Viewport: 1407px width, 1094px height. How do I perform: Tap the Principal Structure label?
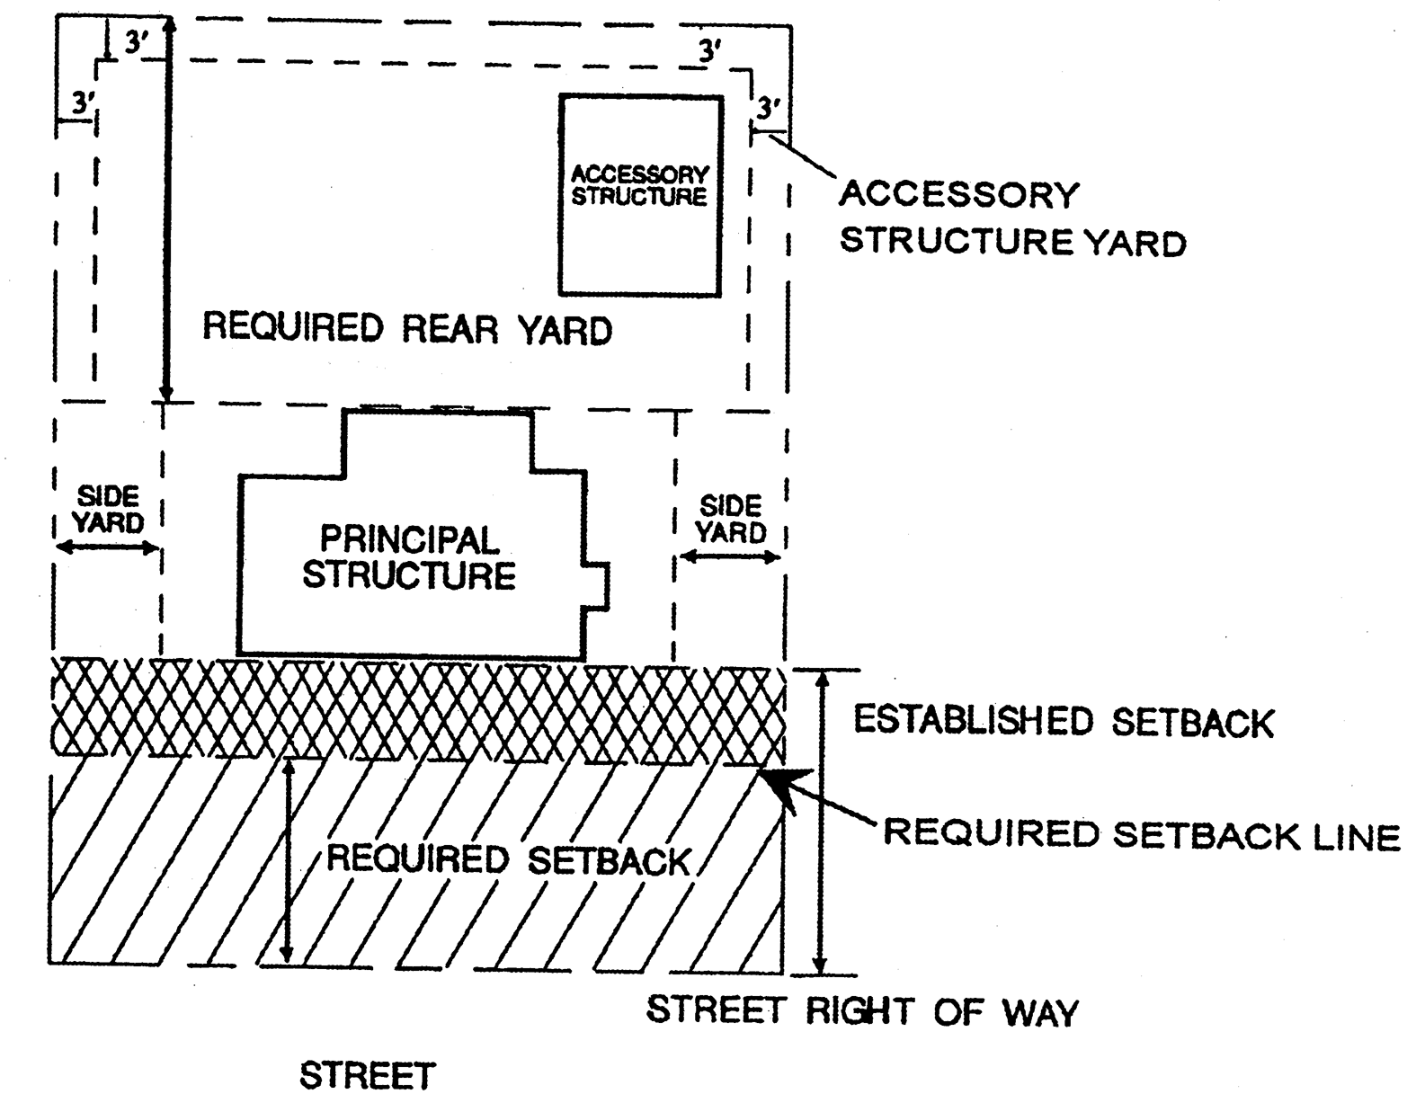tap(409, 557)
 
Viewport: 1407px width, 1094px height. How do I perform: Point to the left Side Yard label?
tap(107, 510)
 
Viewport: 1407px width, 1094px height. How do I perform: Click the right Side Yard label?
tap(731, 520)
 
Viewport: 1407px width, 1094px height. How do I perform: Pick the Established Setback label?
tap(1063, 722)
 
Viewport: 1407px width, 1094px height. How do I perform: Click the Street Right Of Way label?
tap(862, 1011)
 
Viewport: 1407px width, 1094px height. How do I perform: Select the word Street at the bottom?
tap(367, 1076)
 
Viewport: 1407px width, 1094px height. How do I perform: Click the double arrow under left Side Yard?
tap(107, 547)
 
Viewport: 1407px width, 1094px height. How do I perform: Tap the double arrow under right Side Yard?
tap(729, 557)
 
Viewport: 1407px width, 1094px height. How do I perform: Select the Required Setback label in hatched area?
tap(508, 860)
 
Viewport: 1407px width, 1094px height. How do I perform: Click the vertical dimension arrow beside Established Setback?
tap(819, 822)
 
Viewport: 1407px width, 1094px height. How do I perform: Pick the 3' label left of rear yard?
tap(83, 103)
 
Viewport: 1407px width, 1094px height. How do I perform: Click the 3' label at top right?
tap(710, 51)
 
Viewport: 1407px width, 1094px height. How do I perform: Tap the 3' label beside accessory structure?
tap(767, 110)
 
